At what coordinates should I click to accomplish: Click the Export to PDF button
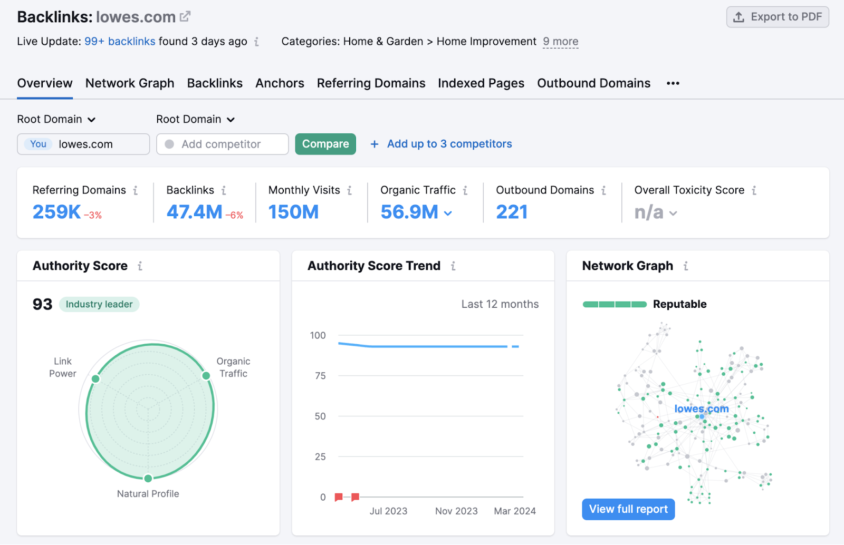click(778, 17)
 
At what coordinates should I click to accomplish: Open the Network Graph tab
click(130, 83)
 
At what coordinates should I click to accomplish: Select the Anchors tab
click(280, 83)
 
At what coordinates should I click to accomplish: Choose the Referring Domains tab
click(371, 83)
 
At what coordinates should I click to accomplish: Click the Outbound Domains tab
click(593, 83)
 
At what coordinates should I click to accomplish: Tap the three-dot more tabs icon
click(673, 83)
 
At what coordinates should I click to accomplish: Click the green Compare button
click(325, 144)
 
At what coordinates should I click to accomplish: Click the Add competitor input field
click(223, 144)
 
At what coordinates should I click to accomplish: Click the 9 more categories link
click(560, 41)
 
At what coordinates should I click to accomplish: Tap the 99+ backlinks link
click(120, 41)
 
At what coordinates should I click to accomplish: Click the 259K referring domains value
click(56, 212)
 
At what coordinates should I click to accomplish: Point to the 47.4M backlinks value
click(194, 212)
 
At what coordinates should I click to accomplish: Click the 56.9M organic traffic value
click(409, 212)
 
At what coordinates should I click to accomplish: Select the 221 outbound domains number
click(512, 212)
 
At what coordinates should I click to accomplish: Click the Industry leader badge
click(99, 304)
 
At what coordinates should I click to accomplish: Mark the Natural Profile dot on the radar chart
click(148, 478)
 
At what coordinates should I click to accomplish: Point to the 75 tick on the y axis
click(320, 376)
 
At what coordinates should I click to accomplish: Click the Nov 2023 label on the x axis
click(456, 511)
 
